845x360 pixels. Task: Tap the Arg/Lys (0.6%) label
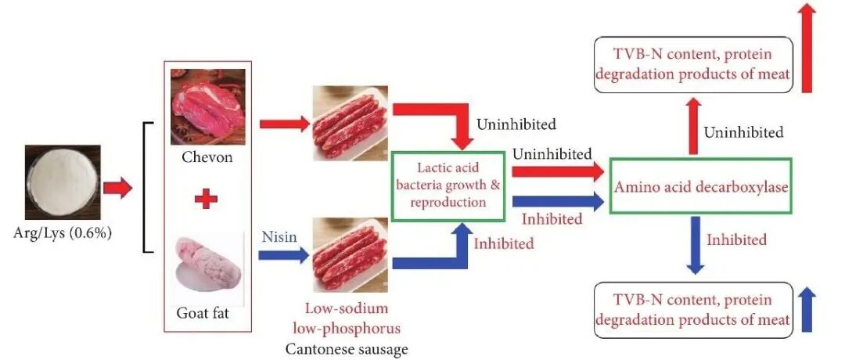pyautogui.click(x=62, y=233)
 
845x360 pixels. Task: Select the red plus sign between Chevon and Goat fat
pyautogui.click(x=206, y=199)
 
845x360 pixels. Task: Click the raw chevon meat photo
pyautogui.click(x=207, y=106)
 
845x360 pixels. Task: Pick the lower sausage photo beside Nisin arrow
pyautogui.click(x=350, y=255)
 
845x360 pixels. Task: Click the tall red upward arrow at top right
pyautogui.click(x=807, y=47)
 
